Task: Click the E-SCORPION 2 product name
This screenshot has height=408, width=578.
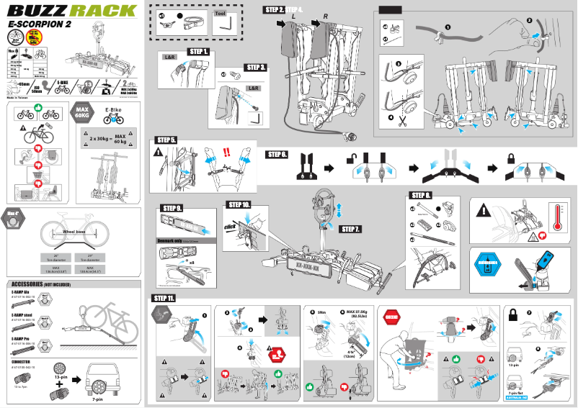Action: click(x=40, y=24)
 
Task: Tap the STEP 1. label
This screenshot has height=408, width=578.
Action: click(x=198, y=52)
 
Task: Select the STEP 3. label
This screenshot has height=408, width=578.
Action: click(x=255, y=67)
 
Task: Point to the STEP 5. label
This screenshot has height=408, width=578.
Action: click(x=166, y=140)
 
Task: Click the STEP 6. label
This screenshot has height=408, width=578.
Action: click(x=277, y=154)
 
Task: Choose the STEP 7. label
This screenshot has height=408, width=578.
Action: click(x=350, y=229)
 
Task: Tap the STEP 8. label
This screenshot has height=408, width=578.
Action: click(x=421, y=195)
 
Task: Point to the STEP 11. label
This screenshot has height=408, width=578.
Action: click(x=164, y=298)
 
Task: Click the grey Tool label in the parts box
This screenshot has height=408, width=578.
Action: click(x=219, y=13)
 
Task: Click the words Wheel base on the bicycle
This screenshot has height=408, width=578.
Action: click(x=76, y=232)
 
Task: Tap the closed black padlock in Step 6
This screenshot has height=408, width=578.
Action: click(x=511, y=156)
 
